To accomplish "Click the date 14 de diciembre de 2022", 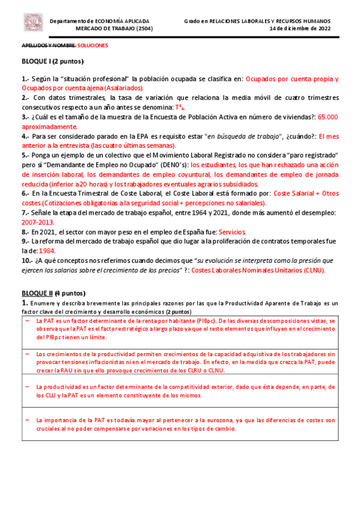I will click(300, 28).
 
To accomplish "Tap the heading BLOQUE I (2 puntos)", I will click(53, 61).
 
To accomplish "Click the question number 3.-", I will click(26, 117).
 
